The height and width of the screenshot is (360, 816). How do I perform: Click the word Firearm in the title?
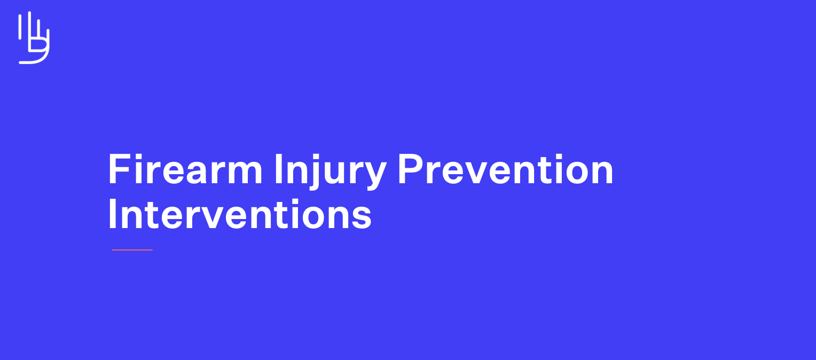(x=185, y=169)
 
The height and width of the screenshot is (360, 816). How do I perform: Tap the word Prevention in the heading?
(x=505, y=169)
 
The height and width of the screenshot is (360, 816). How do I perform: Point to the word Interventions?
(x=239, y=215)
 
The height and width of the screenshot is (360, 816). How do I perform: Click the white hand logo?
(x=34, y=37)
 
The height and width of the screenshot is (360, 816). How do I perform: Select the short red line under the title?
(x=132, y=249)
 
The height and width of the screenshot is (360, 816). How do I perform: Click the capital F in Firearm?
(x=119, y=169)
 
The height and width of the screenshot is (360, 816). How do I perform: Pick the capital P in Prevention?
(x=409, y=169)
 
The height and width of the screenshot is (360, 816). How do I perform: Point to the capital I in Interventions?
(x=112, y=215)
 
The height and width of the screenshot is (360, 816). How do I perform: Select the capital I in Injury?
(x=278, y=169)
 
